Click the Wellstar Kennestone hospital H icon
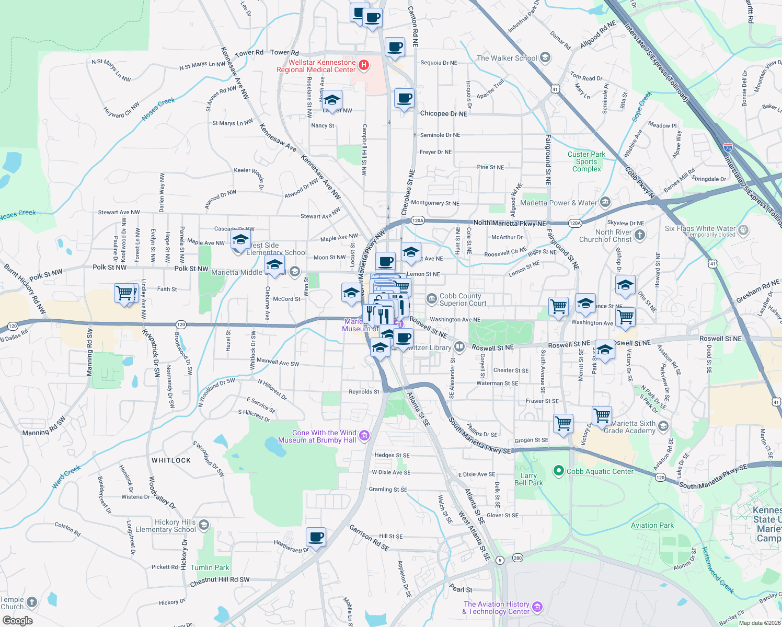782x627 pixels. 364,65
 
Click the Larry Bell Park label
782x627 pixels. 528,479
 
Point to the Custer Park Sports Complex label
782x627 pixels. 586,161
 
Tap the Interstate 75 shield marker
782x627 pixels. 728,148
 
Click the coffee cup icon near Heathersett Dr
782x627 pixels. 316,537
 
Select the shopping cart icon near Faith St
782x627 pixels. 124,293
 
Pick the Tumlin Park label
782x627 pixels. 210,567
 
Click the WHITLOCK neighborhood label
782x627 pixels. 171,460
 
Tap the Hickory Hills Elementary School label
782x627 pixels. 166,526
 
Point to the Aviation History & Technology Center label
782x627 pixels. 496,608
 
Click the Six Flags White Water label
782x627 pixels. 700,228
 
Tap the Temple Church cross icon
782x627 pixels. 32,602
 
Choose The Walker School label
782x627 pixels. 507,58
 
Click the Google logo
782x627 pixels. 17,621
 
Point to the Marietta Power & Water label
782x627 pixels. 558,203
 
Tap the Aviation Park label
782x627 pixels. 652,525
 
